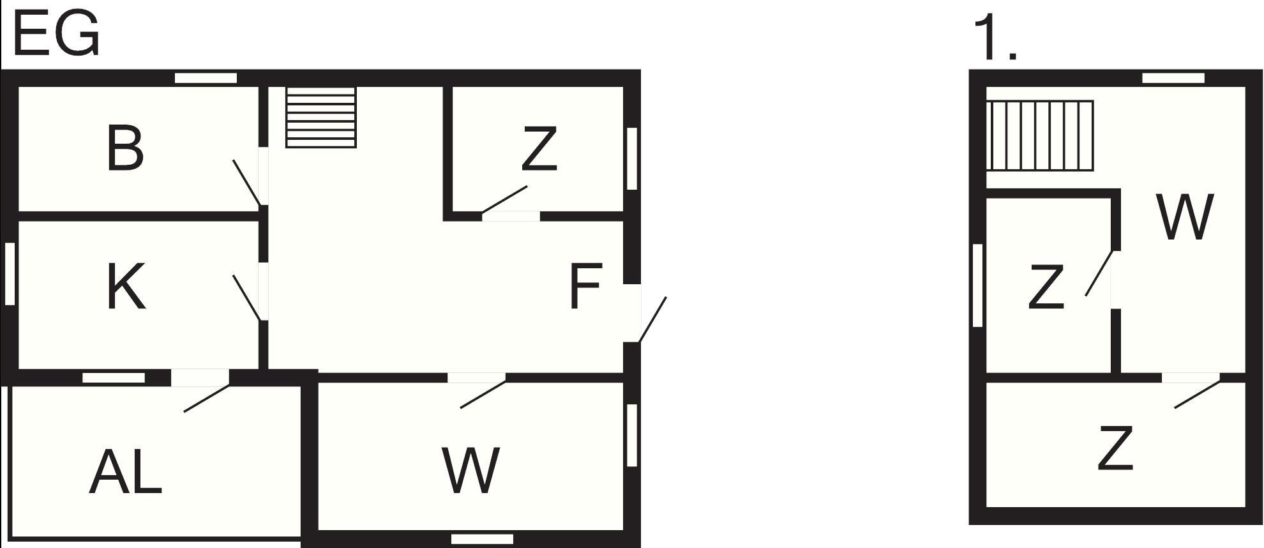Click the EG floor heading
click(x=56, y=34)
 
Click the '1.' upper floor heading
click(x=993, y=39)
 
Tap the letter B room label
click(x=125, y=149)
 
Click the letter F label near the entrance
click(x=585, y=287)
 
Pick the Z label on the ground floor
click(x=539, y=149)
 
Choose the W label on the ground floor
click(x=470, y=471)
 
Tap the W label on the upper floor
click(x=1184, y=217)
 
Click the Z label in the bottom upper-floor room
click(x=1115, y=449)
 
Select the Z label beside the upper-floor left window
click(x=1046, y=287)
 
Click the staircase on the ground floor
click(x=320, y=118)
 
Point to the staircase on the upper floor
click(x=1040, y=135)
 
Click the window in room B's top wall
click(x=206, y=78)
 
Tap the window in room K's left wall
click(x=10, y=274)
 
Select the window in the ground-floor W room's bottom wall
click(x=482, y=539)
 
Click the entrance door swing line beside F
click(x=652, y=319)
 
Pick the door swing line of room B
click(x=246, y=183)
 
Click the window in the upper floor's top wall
click(x=1173, y=78)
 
